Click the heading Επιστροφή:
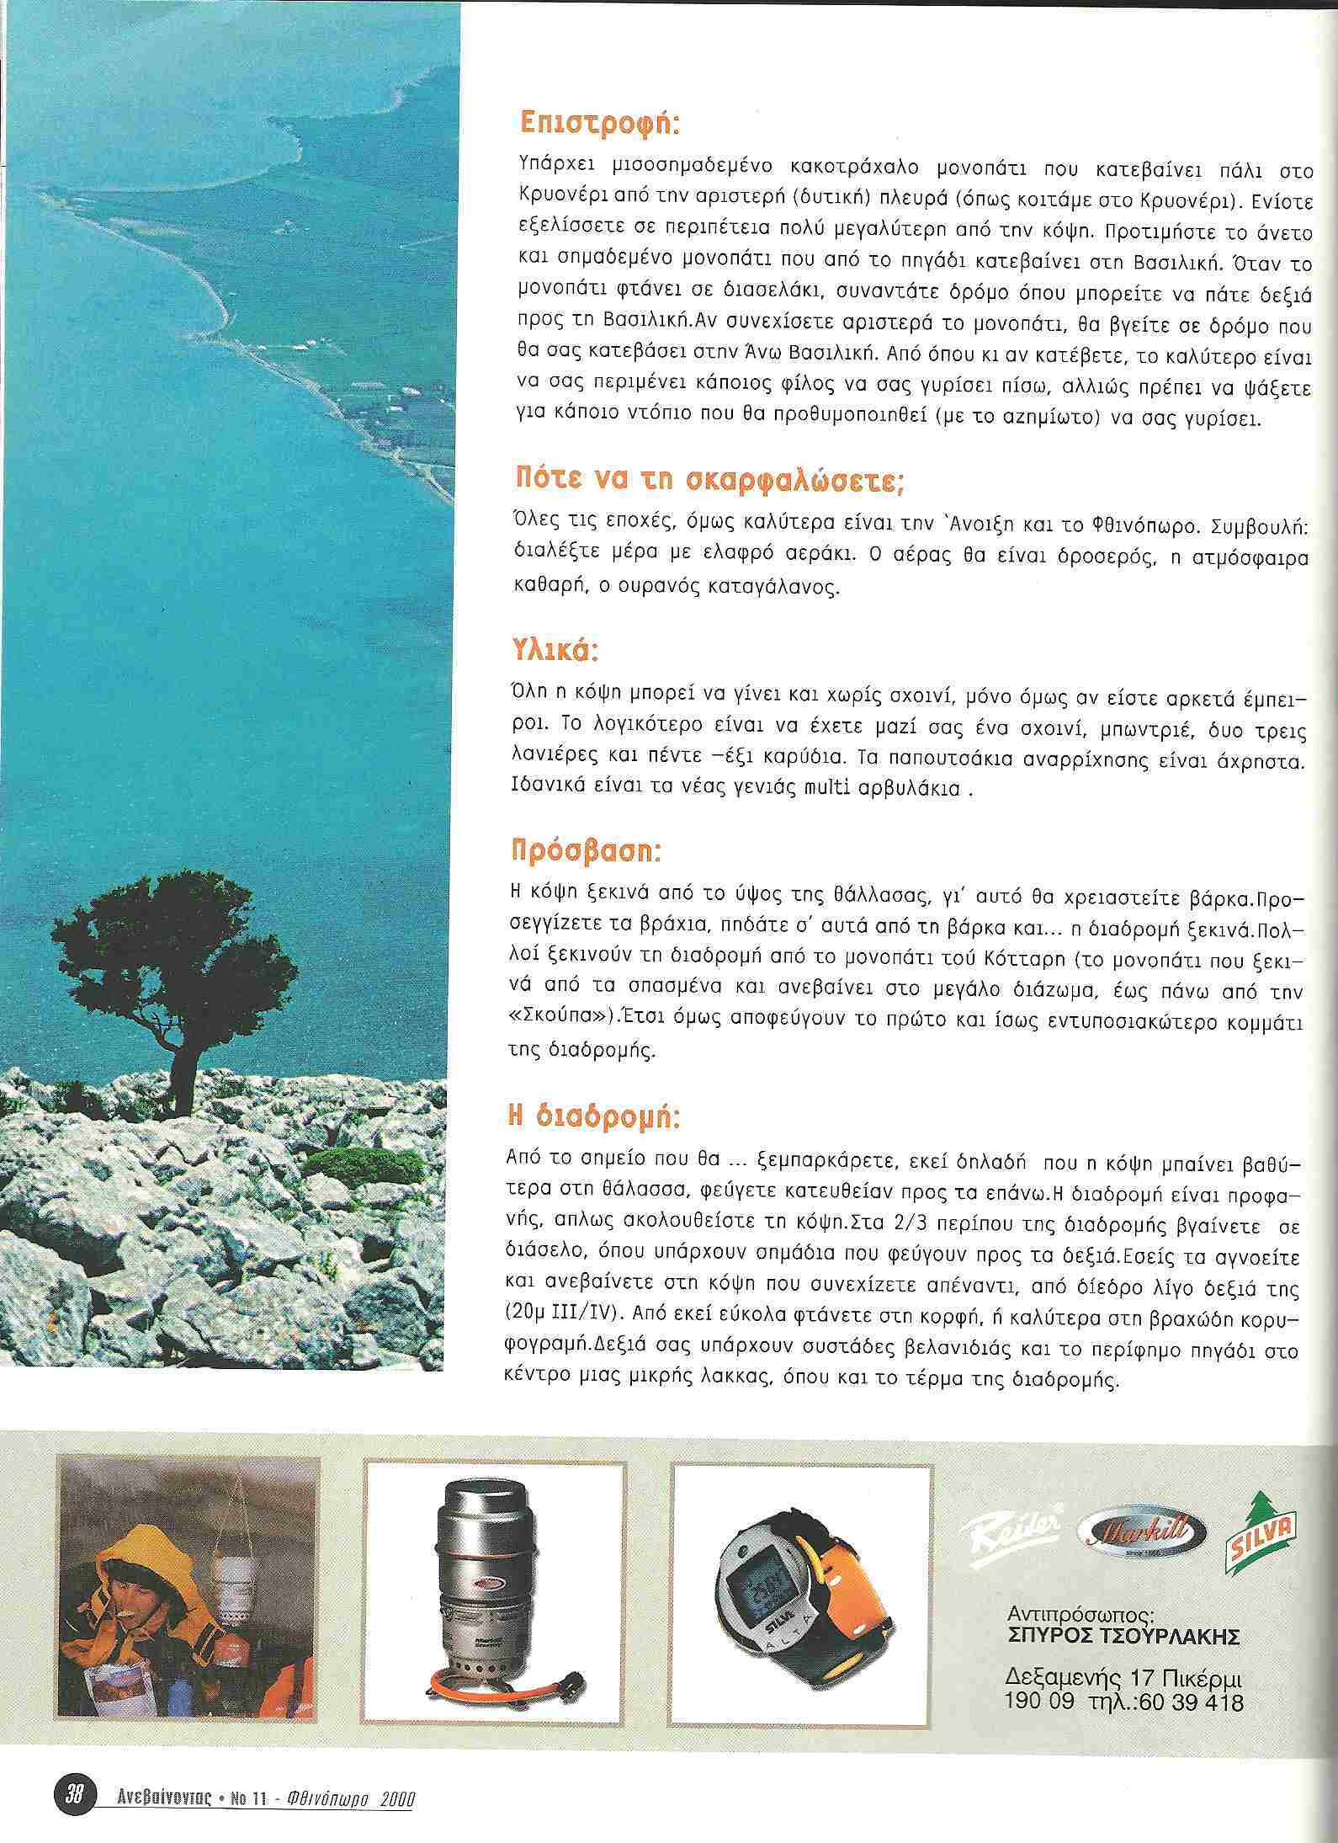[x=599, y=124]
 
